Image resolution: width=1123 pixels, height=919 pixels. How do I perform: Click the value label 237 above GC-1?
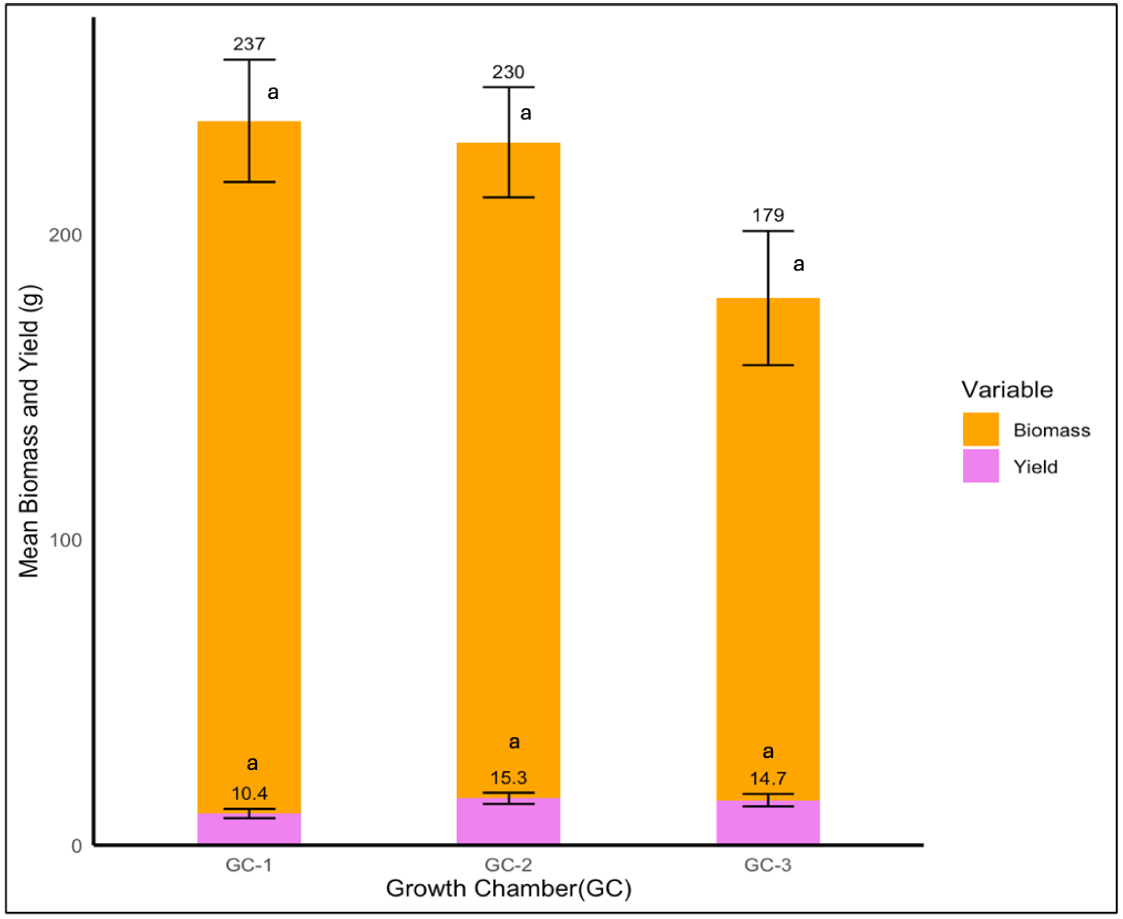(249, 44)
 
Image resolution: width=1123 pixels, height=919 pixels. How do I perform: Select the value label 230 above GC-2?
(508, 72)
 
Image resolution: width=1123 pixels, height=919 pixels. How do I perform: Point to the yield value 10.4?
(249, 793)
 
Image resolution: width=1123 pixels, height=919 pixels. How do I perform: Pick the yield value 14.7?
(768, 779)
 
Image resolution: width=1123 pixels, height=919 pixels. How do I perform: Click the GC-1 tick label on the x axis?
(249, 865)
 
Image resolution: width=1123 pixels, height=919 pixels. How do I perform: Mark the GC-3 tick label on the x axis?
(768, 865)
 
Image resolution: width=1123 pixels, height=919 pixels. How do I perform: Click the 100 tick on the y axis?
(65, 540)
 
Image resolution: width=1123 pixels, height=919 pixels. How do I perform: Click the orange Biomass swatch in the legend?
(980, 429)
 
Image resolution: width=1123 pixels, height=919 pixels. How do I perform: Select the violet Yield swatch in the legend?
(980, 466)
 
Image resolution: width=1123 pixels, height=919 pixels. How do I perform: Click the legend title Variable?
(1007, 390)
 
